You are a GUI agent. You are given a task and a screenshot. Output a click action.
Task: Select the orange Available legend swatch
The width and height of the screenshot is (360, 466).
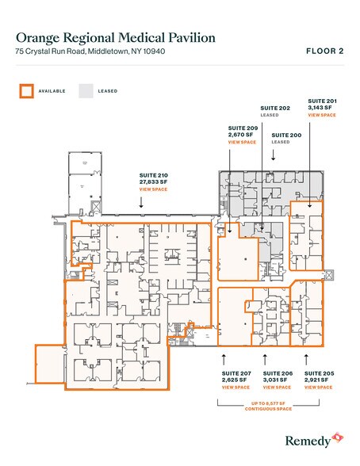tap(27, 90)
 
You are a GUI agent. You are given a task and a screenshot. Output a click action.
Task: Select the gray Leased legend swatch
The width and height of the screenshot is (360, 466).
tap(85, 90)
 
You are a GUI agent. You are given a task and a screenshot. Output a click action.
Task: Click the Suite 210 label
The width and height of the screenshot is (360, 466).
tap(154, 175)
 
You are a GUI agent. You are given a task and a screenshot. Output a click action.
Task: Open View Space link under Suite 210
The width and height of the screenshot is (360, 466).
tap(152, 190)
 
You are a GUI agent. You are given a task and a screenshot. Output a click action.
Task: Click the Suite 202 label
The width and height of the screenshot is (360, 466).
tap(274, 107)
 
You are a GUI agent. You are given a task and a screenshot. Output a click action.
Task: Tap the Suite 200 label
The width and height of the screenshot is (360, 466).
tap(285, 136)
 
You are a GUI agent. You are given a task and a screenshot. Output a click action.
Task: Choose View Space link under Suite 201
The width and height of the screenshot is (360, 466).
tap(321, 116)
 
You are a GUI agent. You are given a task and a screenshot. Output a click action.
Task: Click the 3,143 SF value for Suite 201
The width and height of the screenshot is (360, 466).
tap(321, 108)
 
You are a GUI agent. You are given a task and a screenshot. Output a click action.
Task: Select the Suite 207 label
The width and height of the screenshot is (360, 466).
tap(236, 372)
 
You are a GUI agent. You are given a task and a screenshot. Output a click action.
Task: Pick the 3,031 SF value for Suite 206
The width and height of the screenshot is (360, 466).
tap(277, 380)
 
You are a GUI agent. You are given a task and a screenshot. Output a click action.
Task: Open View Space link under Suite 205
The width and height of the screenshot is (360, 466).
tap(318, 388)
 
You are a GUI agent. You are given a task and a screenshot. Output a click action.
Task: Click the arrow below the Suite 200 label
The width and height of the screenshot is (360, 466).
tap(274, 156)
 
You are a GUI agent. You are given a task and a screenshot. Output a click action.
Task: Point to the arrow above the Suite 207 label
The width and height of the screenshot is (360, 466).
tap(224, 358)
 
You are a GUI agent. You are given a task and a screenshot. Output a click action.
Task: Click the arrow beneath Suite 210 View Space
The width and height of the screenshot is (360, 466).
tap(141, 204)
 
